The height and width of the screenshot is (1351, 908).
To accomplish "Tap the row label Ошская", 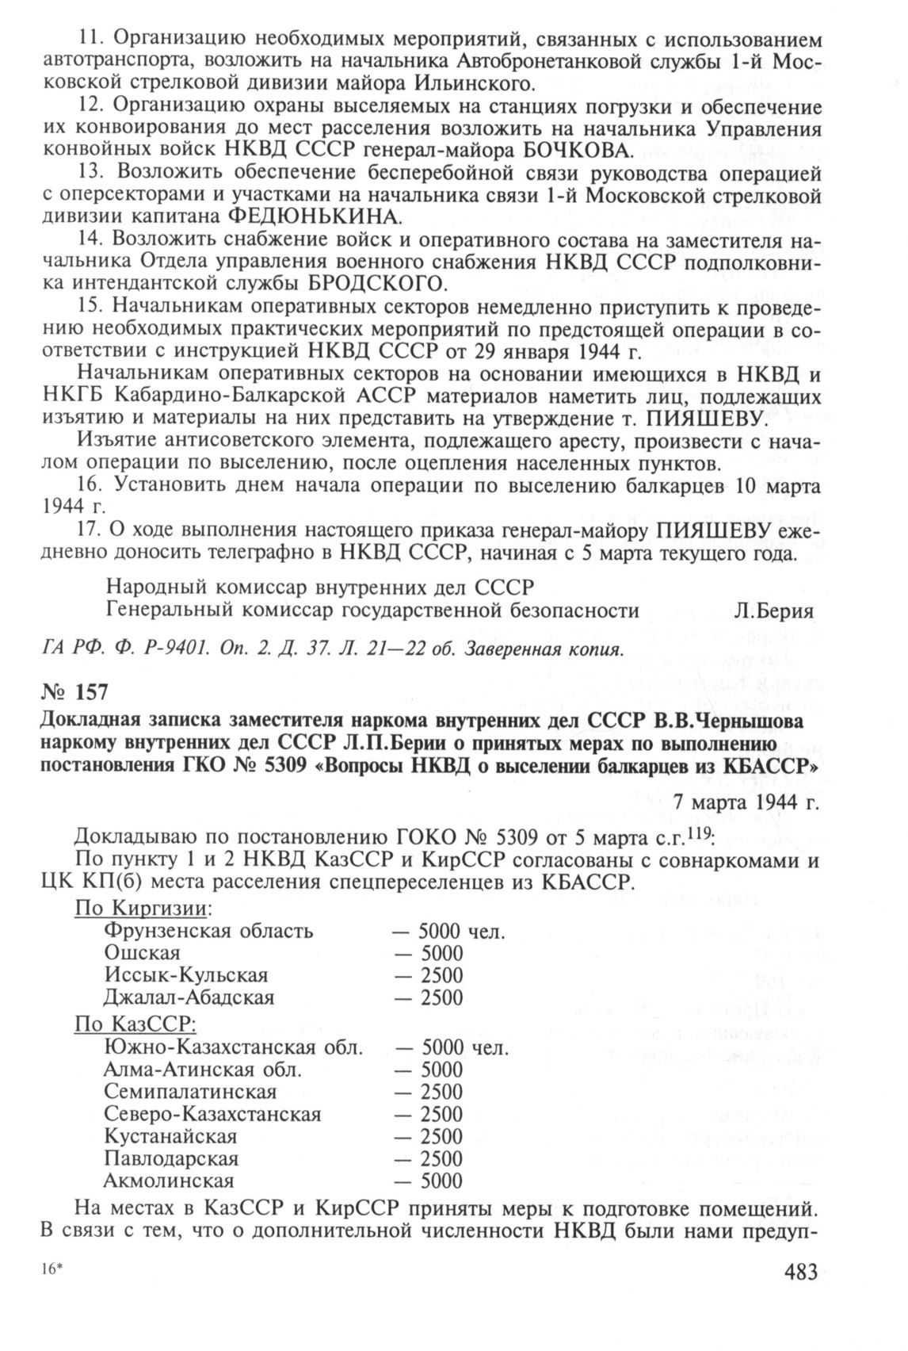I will pos(142,952).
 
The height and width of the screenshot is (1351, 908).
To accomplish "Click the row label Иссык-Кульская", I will pos(185,974).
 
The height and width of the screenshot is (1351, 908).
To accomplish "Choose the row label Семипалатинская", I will pos(190,1091).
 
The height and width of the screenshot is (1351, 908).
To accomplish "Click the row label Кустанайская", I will pos(170,1135).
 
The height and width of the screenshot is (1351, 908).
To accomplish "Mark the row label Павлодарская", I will pos(171,1158).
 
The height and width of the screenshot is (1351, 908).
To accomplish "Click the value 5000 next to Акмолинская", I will pos(441,1181).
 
